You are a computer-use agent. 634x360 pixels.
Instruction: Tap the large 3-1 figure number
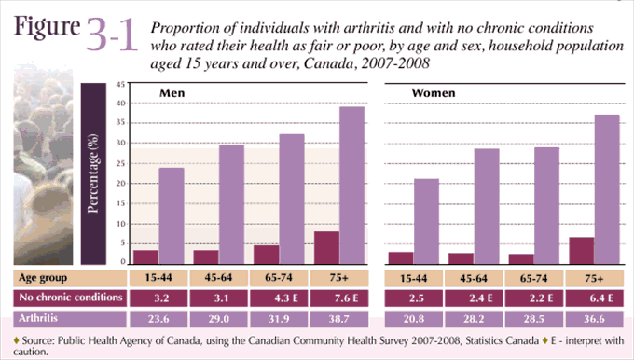pyautogui.click(x=111, y=36)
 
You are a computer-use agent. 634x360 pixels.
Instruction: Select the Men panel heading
pyautogui.click(x=172, y=93)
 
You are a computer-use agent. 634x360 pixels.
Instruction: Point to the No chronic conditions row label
pyautogui.click(x=71, y=298)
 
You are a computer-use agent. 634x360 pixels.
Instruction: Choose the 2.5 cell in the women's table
pyautogui.click(x=414, y=298)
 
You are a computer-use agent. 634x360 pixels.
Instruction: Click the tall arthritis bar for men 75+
pyautogui.click(x=351, y=185)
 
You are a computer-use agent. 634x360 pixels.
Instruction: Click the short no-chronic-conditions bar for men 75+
pyautogui.click(x=325, y=248)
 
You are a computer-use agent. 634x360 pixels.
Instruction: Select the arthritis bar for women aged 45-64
pyautogui.click(x=487, y=206)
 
